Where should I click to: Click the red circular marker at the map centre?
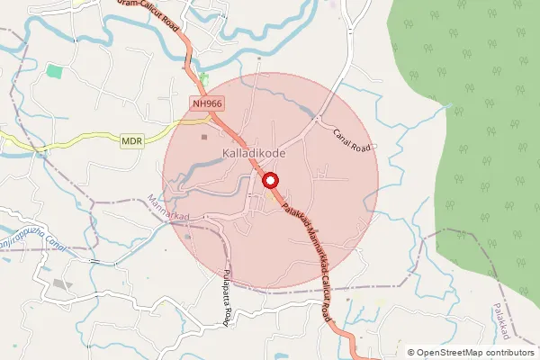[x=270, y=181]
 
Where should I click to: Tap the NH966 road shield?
[x=207, y=104]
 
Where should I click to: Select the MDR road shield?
[x=131, y=140]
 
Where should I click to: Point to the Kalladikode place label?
[x=254, y=155]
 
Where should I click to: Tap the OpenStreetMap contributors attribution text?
[x=472, y=352]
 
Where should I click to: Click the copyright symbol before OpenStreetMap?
[x=411, y=352]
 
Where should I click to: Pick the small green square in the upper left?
[x=55, y=70]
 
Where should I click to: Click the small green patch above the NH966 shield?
[x=204, y=80]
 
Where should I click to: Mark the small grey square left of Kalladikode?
[x=204, y=138]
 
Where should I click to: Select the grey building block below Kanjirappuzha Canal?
[x=61, y=283]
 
